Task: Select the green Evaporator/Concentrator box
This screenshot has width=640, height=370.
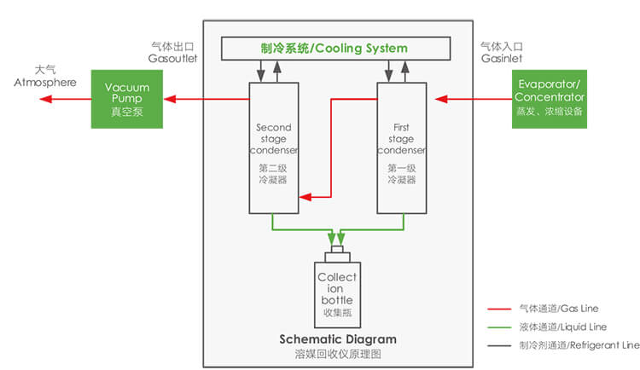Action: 550,100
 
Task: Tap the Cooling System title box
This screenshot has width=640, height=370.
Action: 335,48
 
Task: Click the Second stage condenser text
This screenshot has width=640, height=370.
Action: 273,140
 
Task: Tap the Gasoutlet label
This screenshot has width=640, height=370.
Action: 172,53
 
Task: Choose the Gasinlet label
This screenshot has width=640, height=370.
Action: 499,53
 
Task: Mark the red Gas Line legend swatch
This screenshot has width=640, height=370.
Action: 497,309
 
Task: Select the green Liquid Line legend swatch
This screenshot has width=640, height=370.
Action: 497,327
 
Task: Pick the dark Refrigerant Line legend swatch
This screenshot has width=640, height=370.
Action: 497,345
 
